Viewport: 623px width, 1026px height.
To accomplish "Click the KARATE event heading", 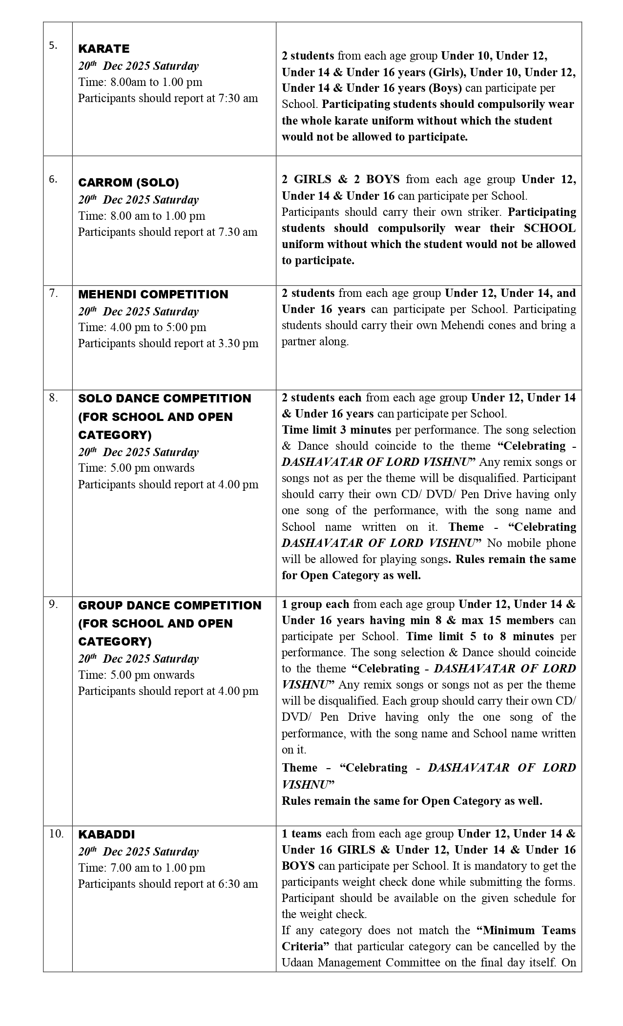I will [x=104, y=49].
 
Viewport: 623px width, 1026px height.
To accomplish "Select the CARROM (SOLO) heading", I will [x=128, y=183].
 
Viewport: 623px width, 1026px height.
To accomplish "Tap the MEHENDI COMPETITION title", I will [x=153, y=294].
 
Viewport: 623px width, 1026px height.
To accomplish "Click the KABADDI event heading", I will [x=106, y=834].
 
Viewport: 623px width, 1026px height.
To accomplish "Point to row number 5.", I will [x=53, y=45].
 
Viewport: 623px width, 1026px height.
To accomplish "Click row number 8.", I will [x=53, y=398].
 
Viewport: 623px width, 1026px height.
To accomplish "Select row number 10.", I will [x=56, y=834].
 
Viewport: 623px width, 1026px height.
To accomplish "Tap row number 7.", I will [x=53, y=293].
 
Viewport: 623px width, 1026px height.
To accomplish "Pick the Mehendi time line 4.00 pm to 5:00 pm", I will [x=142, y=327].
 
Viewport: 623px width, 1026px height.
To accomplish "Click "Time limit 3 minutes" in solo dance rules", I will [x=336, y=430].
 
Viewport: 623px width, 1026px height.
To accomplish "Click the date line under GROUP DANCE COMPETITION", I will [x=139, y=659].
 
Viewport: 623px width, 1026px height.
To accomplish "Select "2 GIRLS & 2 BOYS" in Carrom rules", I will [x=340, y=179].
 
